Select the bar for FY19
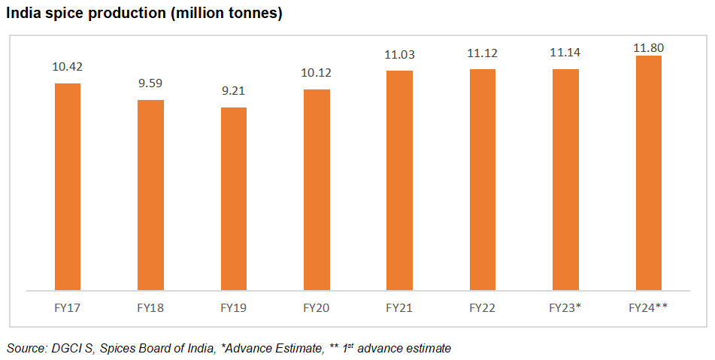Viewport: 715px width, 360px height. tap(233, 198)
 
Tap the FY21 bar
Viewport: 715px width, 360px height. tap(399, 180)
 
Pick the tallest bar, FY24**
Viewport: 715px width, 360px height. tap(648, 172)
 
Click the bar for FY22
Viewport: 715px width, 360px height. tap(482, 179)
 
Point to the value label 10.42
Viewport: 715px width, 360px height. tap(67, 67)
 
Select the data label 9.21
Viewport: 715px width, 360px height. tap(233, 92)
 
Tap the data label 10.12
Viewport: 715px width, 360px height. tap(317, 73)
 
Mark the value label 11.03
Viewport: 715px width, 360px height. tap(399, 54)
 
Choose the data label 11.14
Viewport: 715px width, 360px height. tap(565, 53)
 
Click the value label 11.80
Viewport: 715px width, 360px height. tap(648, 48)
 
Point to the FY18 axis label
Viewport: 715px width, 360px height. tap(150, 308)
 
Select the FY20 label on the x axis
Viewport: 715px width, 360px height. tap(317, 308)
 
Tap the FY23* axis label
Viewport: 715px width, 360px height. tap(565, 308)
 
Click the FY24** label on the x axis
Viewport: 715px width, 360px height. tap(648, 308)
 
